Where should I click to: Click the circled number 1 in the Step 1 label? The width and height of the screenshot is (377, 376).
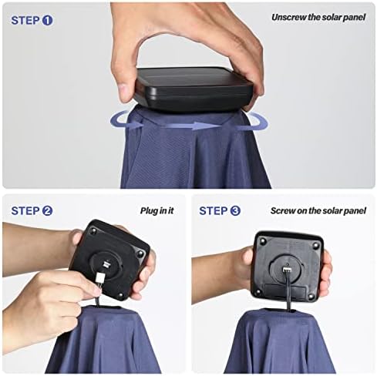(47, 20)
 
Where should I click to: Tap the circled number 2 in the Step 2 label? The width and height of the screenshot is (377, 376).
(47, 211)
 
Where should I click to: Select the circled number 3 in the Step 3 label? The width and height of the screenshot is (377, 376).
(235, 211)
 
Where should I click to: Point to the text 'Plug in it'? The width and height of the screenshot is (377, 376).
(157, 211)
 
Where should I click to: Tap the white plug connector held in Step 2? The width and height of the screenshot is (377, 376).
(99, 278)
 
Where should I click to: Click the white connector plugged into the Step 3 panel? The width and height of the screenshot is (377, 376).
(287, 270)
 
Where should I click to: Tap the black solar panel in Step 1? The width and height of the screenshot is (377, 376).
(194, 89)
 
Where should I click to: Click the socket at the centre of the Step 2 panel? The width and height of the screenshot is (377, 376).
(106, 264)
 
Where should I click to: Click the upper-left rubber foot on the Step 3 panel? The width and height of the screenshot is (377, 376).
(263, 241)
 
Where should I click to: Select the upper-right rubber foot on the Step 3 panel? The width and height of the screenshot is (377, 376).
(315, 246)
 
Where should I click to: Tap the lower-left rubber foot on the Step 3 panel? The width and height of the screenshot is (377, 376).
(258, 292)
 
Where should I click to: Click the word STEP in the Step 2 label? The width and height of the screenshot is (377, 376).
(25, 211)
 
